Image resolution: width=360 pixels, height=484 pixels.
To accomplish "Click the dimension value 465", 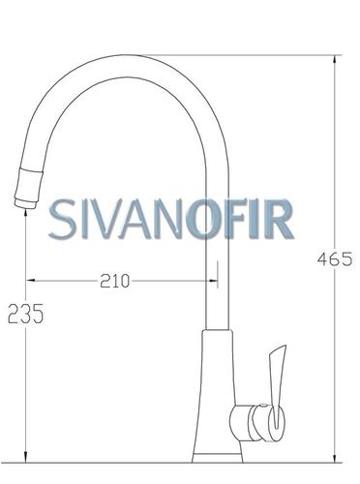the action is click(335, 259).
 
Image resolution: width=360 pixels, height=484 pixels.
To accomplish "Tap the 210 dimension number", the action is click(114, 281).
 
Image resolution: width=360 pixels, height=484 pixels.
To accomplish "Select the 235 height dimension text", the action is click(25, 314).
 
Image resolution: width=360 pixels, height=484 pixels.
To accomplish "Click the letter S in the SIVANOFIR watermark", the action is click(62, 219).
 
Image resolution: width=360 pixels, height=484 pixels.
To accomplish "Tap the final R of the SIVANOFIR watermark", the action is click(279, 219).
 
